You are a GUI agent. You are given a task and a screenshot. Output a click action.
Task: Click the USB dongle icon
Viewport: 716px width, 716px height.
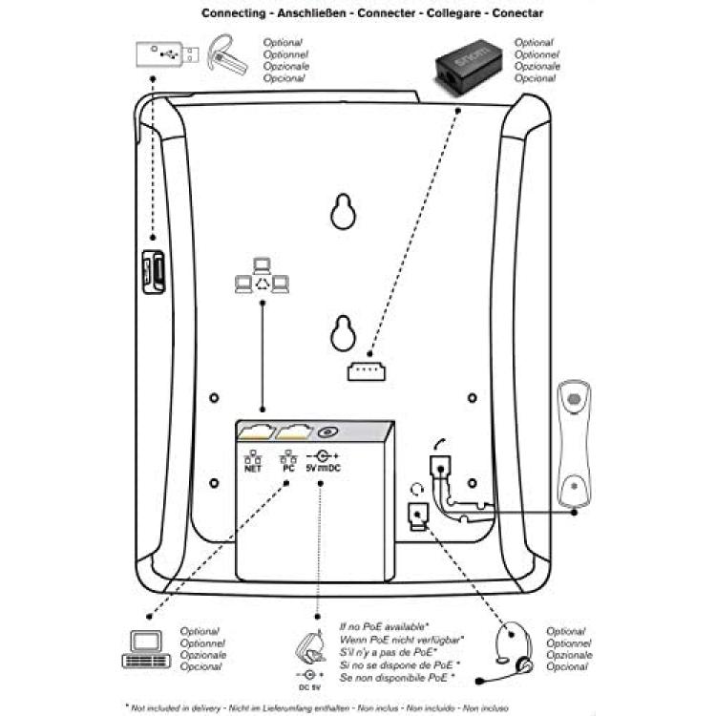(167, 54)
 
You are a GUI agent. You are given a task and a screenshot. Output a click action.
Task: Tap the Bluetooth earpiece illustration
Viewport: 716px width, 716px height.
(226, 54)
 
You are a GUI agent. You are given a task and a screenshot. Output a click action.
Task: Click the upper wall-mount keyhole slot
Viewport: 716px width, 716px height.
(343, 211)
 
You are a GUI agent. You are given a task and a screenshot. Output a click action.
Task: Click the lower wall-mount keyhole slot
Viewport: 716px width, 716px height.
(343, 333)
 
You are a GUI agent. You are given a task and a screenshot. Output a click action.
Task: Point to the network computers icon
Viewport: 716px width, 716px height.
(262, 276)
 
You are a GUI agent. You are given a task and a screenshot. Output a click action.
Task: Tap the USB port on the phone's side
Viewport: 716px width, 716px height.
(154, 272)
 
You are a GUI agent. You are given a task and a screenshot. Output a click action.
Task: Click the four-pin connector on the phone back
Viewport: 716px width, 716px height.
(367, 371)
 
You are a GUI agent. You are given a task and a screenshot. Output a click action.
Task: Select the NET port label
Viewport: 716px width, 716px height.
(253, 461)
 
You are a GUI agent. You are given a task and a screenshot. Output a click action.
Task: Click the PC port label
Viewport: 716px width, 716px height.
(288, 461)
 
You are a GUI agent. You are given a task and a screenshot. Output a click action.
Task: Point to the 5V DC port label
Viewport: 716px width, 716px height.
(323, 461)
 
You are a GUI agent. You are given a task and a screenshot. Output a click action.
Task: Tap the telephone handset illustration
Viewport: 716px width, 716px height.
(574, 444)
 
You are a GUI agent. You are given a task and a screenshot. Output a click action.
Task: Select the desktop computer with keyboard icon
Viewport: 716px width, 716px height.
(146, 649)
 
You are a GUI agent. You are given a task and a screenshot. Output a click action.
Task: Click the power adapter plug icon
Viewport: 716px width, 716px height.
(310, 647)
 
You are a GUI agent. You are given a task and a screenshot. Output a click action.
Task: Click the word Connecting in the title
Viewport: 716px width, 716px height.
(233, 13)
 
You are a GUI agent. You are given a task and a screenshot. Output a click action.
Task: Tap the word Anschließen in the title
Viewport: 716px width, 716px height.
(312, 13)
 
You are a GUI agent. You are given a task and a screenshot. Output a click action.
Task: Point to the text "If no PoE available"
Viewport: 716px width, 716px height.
(384, 626)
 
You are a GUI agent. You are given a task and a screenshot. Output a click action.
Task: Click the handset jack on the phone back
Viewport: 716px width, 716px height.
(440, 467)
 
